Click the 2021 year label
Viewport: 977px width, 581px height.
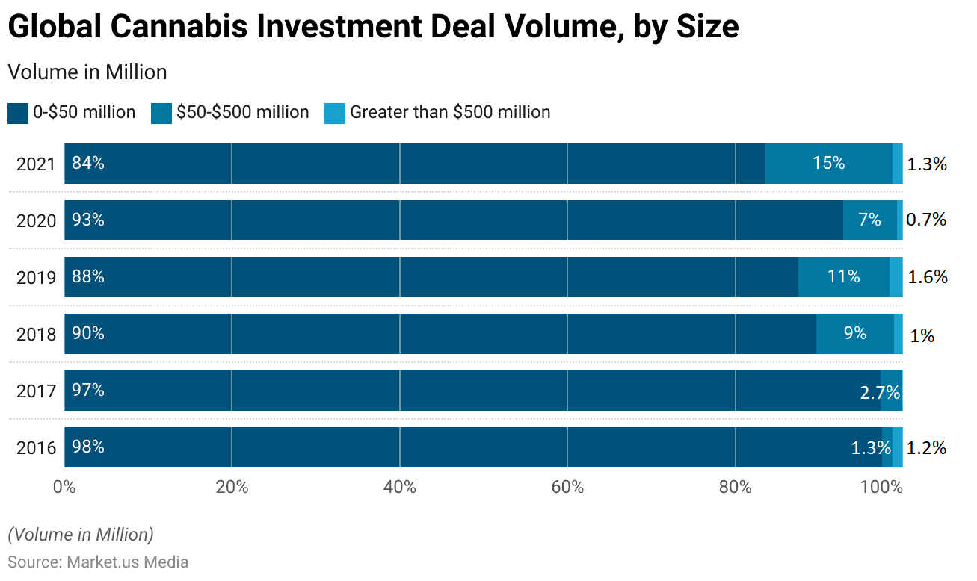click(36, 164)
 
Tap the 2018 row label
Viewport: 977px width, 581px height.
click(36, 334)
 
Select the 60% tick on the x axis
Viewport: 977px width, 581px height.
click(567, 488)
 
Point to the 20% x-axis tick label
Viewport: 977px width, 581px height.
click(232, 488)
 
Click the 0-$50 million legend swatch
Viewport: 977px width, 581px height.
click(18, 113)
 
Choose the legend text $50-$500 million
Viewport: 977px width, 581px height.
click(242, 112)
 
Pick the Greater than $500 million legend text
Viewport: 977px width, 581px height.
click(450, 112)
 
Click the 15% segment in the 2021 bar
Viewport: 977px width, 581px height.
click(828, 163)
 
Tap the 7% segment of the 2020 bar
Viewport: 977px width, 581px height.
click(869, 220)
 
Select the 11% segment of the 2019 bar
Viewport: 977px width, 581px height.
click(843, 276)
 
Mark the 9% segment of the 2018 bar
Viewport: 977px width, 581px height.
click(854, 333)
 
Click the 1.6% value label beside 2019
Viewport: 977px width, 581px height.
click(928, 277)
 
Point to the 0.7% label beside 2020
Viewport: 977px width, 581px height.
click(926, 220)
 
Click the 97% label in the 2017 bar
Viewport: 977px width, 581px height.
click(87, 390)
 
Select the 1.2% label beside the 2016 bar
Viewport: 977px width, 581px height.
click(926, 448)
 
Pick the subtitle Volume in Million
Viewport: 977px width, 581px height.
click(87, 72)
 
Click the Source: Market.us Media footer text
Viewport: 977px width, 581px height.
click(98, 562)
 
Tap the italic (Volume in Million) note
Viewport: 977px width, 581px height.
click(81, 535)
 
